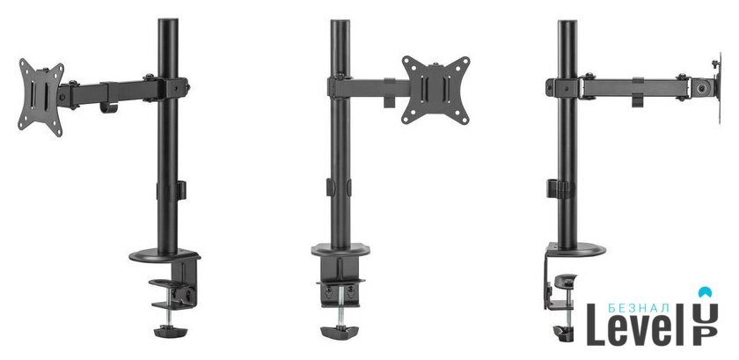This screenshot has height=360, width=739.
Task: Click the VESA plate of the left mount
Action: point(40,98)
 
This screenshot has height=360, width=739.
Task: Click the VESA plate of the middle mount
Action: point(435,90)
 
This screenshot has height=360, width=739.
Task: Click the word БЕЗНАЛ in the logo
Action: point(639,308)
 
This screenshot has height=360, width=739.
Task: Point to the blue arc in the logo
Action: point(705,291)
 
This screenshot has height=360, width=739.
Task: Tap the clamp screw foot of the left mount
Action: point(170,331)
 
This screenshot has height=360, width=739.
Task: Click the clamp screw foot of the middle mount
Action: point(340,332)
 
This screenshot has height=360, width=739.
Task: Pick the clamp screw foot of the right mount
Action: point(563,332)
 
